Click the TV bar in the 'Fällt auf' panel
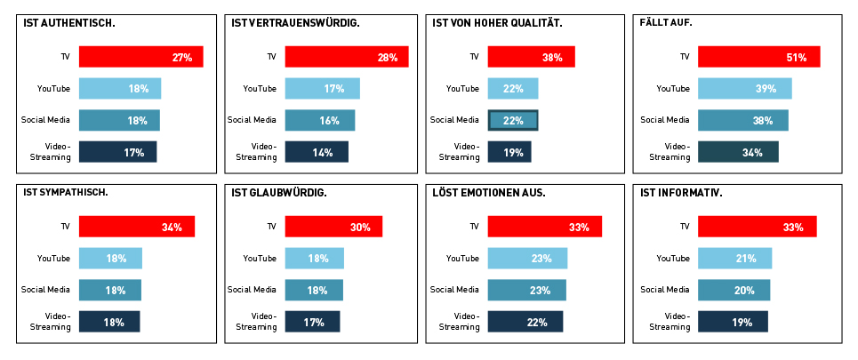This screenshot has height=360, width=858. tap(758, 57)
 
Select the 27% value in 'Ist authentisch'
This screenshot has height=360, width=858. tap(182, 58)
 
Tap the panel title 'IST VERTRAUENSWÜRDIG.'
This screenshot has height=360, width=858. tap(295, 22)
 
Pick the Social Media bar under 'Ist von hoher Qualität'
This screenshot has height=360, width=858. tap(513, 121)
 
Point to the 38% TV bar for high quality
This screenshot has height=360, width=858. tap(531, 57)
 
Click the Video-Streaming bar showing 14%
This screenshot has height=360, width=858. tap(317, 152)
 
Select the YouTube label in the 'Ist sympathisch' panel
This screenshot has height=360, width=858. tap(53, 259)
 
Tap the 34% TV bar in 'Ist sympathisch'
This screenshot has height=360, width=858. tap(137, 227)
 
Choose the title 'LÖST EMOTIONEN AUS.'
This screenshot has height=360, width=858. tap(489, 192)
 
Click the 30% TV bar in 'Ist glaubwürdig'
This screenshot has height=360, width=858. tap(333, 227)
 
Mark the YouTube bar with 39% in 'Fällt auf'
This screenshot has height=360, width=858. tap(744, 89)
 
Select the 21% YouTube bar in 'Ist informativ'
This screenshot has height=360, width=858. tap(734, 259)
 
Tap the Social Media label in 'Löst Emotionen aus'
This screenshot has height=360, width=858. tap(454, 290)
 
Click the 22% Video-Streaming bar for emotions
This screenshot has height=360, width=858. tap(525, 322)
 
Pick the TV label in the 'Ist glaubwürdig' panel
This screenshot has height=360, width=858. tap(272, 227)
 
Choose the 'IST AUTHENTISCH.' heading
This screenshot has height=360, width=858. tap(68, 22)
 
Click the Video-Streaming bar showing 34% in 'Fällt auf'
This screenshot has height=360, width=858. tap(738, 152)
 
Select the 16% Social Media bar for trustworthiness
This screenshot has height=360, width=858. tap(320, 121)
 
